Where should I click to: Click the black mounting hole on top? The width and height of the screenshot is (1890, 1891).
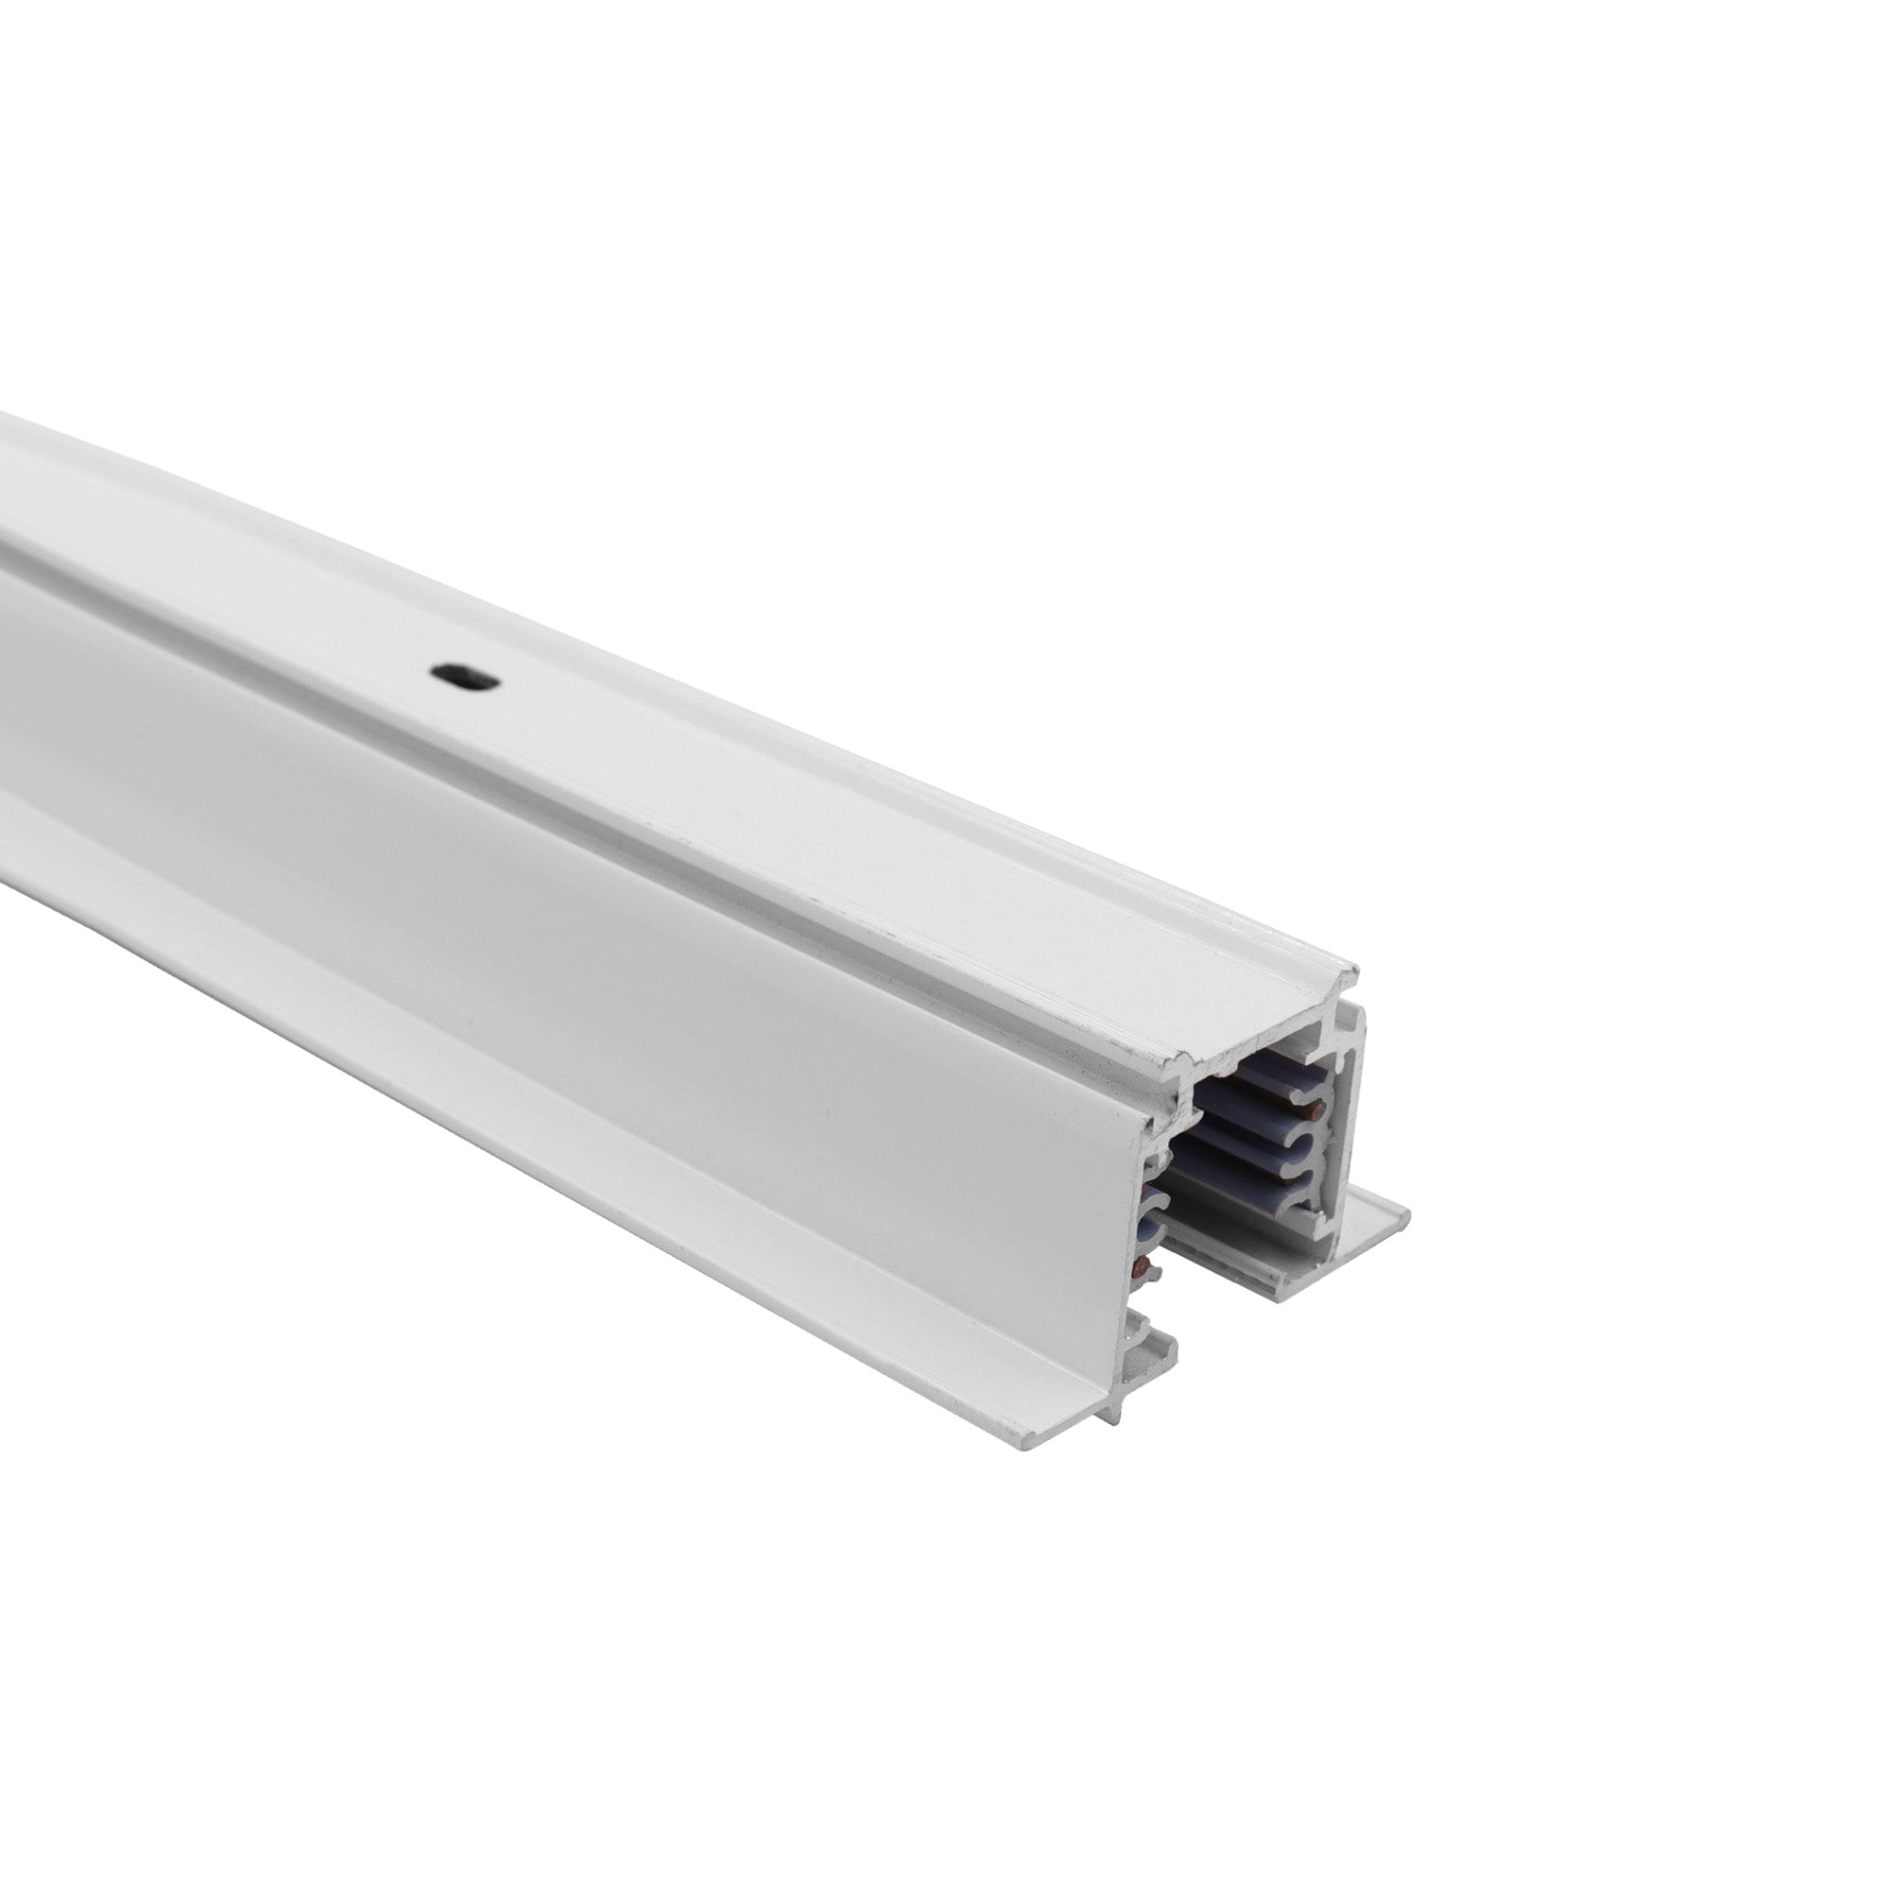465,676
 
